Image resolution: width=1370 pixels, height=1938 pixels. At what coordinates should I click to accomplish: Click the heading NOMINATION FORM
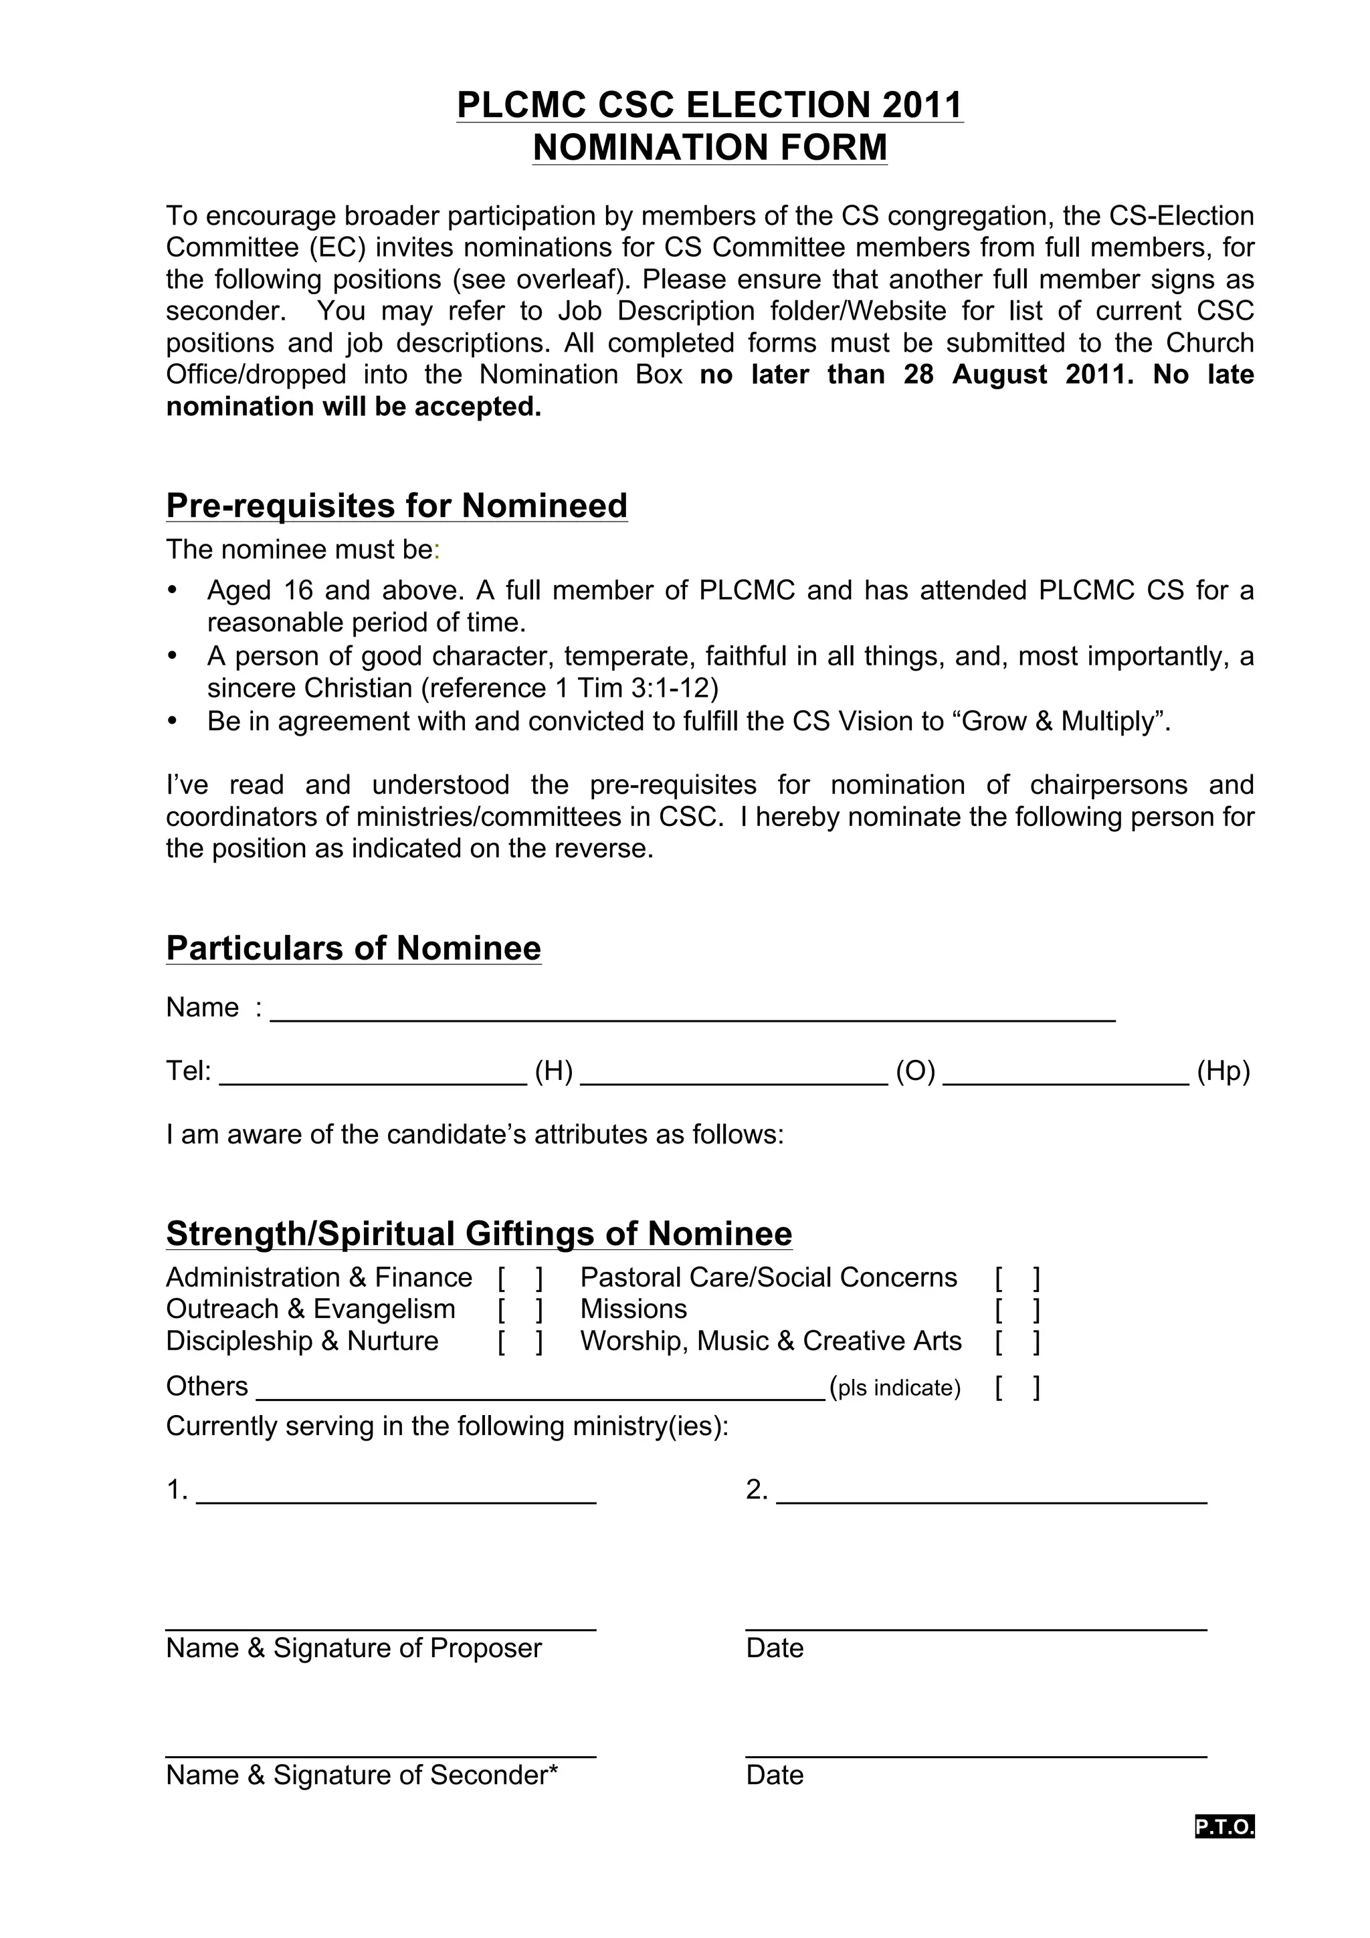click(710, 148)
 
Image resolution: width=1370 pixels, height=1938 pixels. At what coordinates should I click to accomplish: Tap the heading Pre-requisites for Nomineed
click(397, 506)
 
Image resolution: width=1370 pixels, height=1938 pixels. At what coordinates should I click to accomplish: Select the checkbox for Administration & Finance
click(520, 1279)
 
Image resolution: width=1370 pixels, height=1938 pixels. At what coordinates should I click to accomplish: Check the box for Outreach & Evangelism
click(520, 1310)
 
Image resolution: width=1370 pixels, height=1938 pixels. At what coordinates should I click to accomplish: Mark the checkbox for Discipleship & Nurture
click(520, 1342)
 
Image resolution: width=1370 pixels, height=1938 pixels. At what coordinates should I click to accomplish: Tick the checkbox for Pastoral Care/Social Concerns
click(1017, 1279)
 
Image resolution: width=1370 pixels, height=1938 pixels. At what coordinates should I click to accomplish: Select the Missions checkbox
click(1017, 1310)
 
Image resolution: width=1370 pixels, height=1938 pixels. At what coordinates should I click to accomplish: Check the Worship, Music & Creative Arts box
click(1017, 1342)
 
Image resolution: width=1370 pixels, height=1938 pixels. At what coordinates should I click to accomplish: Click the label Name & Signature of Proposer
click(354, 1648)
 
